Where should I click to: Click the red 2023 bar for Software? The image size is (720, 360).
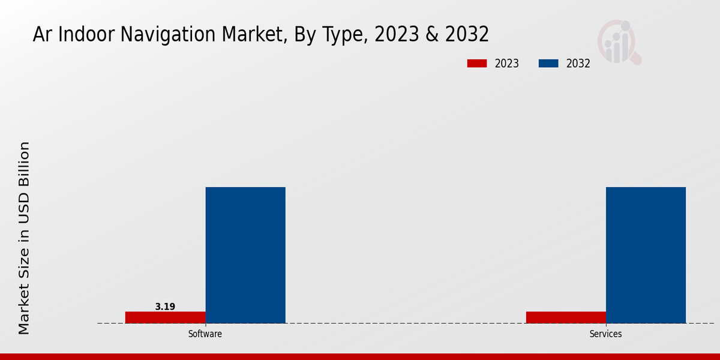(x=165, y=317)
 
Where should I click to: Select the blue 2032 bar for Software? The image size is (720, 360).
(x=245, y=255)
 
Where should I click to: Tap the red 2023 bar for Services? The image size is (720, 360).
(x=566, y=317)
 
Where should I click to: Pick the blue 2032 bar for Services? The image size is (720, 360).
(x=646, y=255)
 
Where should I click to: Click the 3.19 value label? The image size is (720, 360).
(x=165, y=307)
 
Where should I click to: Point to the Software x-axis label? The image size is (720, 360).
(x=205, y=334)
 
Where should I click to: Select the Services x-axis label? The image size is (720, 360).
(x=605, y=334)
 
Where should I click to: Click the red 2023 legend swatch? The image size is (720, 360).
(x=477, y=64)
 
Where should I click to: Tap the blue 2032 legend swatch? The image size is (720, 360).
(x=548, y=64)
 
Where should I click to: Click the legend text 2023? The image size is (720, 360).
(x=507, y=64)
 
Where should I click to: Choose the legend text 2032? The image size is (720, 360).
(x=578, y=64)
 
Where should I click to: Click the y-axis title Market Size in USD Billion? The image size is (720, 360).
(x=24, y=238)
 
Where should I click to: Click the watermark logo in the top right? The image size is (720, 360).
(x=619, y=42)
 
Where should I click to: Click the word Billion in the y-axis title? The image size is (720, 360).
(x=24, y=164)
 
